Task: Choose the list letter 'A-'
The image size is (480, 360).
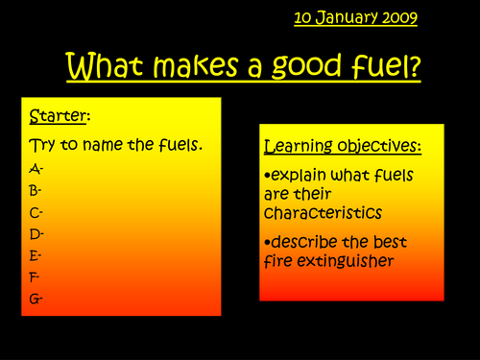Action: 36,169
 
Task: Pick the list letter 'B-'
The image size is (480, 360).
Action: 36,190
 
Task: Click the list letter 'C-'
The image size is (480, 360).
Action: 36,211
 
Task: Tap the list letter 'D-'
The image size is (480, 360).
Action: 36,233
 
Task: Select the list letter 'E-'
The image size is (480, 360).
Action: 36,254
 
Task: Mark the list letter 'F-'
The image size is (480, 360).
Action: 36,276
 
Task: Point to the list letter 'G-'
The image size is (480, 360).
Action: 37,298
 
